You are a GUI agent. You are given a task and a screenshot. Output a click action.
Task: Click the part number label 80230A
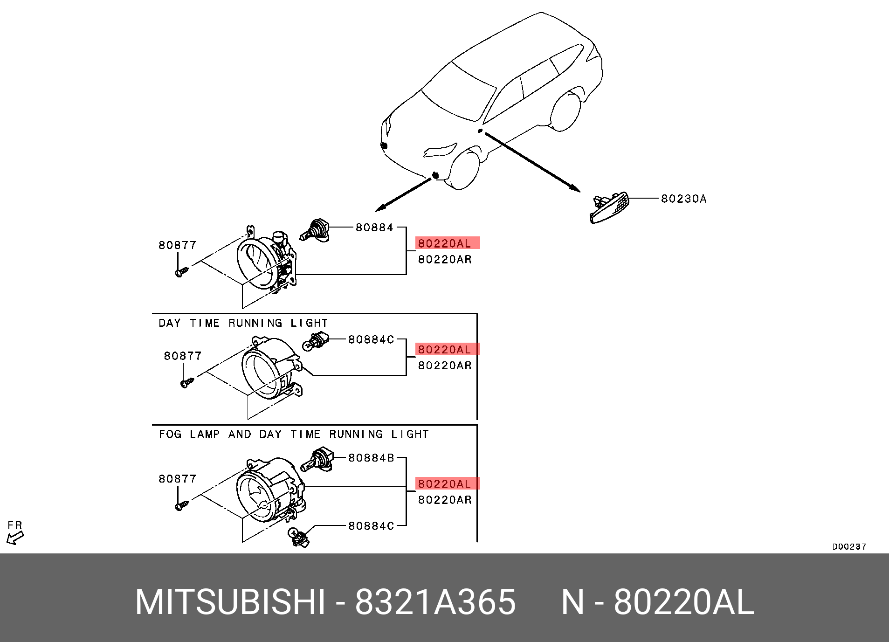pos(683,199)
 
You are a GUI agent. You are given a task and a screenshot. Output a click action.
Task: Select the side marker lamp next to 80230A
pos(610,208)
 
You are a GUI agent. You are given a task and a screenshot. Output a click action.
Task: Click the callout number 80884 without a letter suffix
pos(374,228)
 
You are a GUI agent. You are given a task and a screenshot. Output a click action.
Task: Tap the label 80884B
pos(371,458)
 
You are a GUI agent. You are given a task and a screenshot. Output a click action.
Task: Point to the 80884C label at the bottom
pos(371,526)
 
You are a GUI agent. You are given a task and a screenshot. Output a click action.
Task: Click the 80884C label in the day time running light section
pos(371,339)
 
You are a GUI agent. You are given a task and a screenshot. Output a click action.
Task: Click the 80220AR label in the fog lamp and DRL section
pos(445,500)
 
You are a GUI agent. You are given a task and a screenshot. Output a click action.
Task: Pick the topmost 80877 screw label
pos(177,245)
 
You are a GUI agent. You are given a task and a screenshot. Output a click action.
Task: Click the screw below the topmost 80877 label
pos(181,272)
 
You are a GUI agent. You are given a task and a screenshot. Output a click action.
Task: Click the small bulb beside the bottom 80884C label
pos(298,536)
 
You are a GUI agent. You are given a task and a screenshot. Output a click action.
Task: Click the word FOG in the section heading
pos(170,434)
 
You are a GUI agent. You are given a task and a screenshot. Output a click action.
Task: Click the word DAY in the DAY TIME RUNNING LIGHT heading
pos(169,323)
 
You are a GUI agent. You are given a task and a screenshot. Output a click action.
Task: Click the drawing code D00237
pos(849,546)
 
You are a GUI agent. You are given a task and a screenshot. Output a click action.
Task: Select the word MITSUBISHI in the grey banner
pos(230,602)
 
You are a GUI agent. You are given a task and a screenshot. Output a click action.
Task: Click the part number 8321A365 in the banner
pos(435,602)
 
